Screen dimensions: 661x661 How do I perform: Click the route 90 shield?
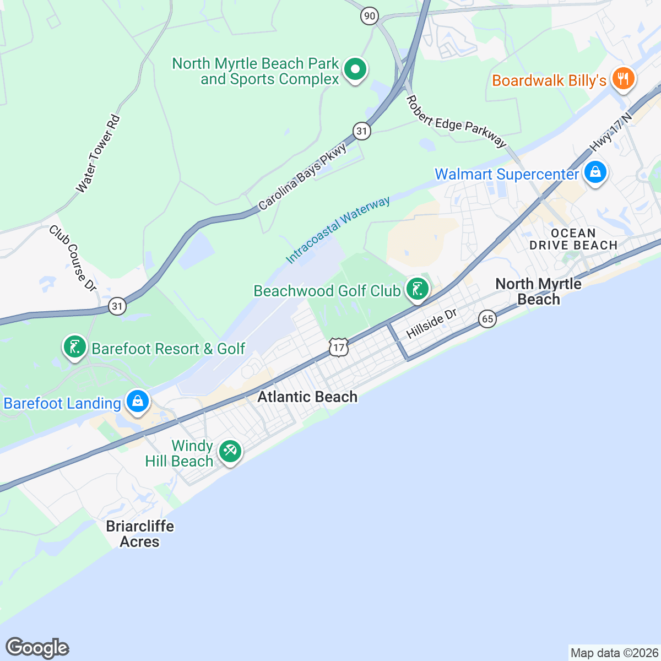point(370,16)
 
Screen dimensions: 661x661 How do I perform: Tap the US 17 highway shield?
point(339,348)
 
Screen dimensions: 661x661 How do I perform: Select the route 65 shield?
point(487,319)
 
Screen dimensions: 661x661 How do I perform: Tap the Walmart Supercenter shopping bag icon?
point(595,172)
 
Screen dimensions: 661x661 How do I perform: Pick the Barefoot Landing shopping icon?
point(137,401)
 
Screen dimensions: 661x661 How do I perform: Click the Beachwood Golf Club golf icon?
point(417,289)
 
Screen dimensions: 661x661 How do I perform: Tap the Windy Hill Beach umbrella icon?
point(230,452)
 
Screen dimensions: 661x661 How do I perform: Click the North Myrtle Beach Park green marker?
point(355,70)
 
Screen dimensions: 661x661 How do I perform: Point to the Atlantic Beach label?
point(307,397)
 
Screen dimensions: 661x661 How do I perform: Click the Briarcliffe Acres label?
point(140,534)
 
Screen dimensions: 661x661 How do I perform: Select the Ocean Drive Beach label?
point(573,239)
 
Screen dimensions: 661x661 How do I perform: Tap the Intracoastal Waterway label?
point(338,230)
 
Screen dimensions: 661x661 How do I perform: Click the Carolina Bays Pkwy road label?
point(303,177)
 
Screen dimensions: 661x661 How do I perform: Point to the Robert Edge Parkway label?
point(456,122)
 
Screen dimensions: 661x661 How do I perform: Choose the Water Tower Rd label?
point(98,154)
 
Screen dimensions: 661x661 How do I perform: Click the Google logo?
point(37,648)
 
